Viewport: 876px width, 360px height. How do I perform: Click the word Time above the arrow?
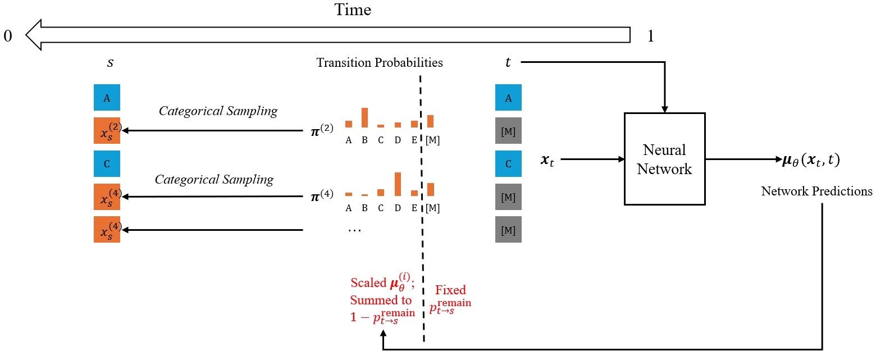(x=353, y=10)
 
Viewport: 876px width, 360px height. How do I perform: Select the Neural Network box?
(x=665, y=159)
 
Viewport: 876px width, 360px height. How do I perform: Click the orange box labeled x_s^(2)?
(x=107, y=131)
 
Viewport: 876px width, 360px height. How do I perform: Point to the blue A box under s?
(x=107, y=98)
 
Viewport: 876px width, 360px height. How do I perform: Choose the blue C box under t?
(x=508, y=164)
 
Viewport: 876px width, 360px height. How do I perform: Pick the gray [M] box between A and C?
(x=508, y=131)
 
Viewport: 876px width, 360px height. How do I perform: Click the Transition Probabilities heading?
(x=380, y=62)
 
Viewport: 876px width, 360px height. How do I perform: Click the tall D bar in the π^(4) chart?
(x=398, y=184)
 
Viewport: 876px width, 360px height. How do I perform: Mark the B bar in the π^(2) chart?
(x=364, y=117)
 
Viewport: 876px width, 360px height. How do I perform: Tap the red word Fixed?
(x=450, y=290)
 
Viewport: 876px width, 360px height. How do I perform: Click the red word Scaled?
(x=368, y=282)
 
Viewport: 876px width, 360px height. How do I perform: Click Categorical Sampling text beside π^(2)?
(x=218, y=111)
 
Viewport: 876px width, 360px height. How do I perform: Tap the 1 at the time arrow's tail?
(x=650, y=37)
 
